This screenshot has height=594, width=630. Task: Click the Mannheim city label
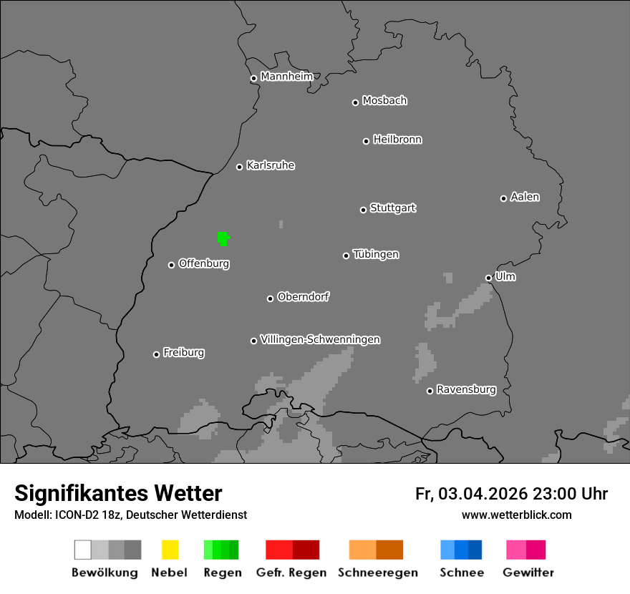pyautogui.click(x=286, y=77)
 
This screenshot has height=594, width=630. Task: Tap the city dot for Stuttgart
pyautogui.click(x=363, y=210)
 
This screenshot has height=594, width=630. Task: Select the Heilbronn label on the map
pyautogui.click(x=397, y=140)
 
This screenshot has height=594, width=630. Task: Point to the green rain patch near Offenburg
pyautogui.click(x=223, y=238)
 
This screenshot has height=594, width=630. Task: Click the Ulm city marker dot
pyautogui.click(x=488, y=278)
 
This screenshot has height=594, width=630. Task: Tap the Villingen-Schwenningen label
pyautogui.click(x=320, y=339)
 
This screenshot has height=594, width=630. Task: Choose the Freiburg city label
pyautogui.click(x=183, y=352)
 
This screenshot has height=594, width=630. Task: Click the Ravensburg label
pyautogui.click(x=466, y=389)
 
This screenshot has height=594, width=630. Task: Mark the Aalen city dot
pyautogui.click(x=503, y=198)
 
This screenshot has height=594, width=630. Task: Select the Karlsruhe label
pyautogui.click(x=271, y=165)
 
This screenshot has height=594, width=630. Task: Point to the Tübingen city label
pyautogui.click(x=376, y=254)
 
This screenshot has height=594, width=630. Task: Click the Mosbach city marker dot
pyautogui.click(x=355, y=102)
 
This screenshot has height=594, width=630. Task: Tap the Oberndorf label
pyautogui.click(x=303, y=296)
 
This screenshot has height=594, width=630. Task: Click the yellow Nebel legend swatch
pyautogui.click(x=170, y=550)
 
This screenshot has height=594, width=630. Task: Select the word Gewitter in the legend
pyautogui.click(x=528, y=573)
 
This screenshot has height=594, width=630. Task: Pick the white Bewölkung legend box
pyautogui.click(x=83, y=550)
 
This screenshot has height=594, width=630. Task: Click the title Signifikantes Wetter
pyautogui.click(x=118, y=494)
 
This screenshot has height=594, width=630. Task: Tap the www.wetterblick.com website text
pyautogui.click(x=516, y=515)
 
